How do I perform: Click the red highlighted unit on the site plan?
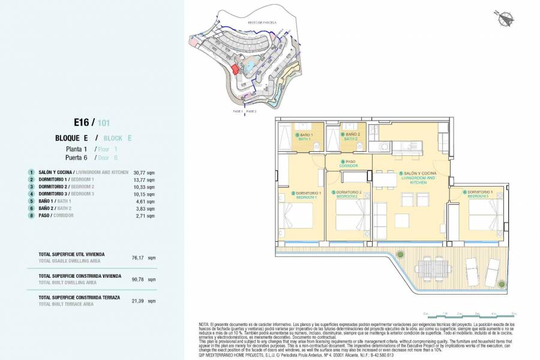(x=236, y=69)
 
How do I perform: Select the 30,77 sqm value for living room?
(x=147, y=172)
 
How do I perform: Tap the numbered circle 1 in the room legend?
(x=31, y=172)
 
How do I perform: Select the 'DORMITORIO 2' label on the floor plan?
(x=348, y=194)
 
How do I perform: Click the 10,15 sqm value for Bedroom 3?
(x=147, y=194)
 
